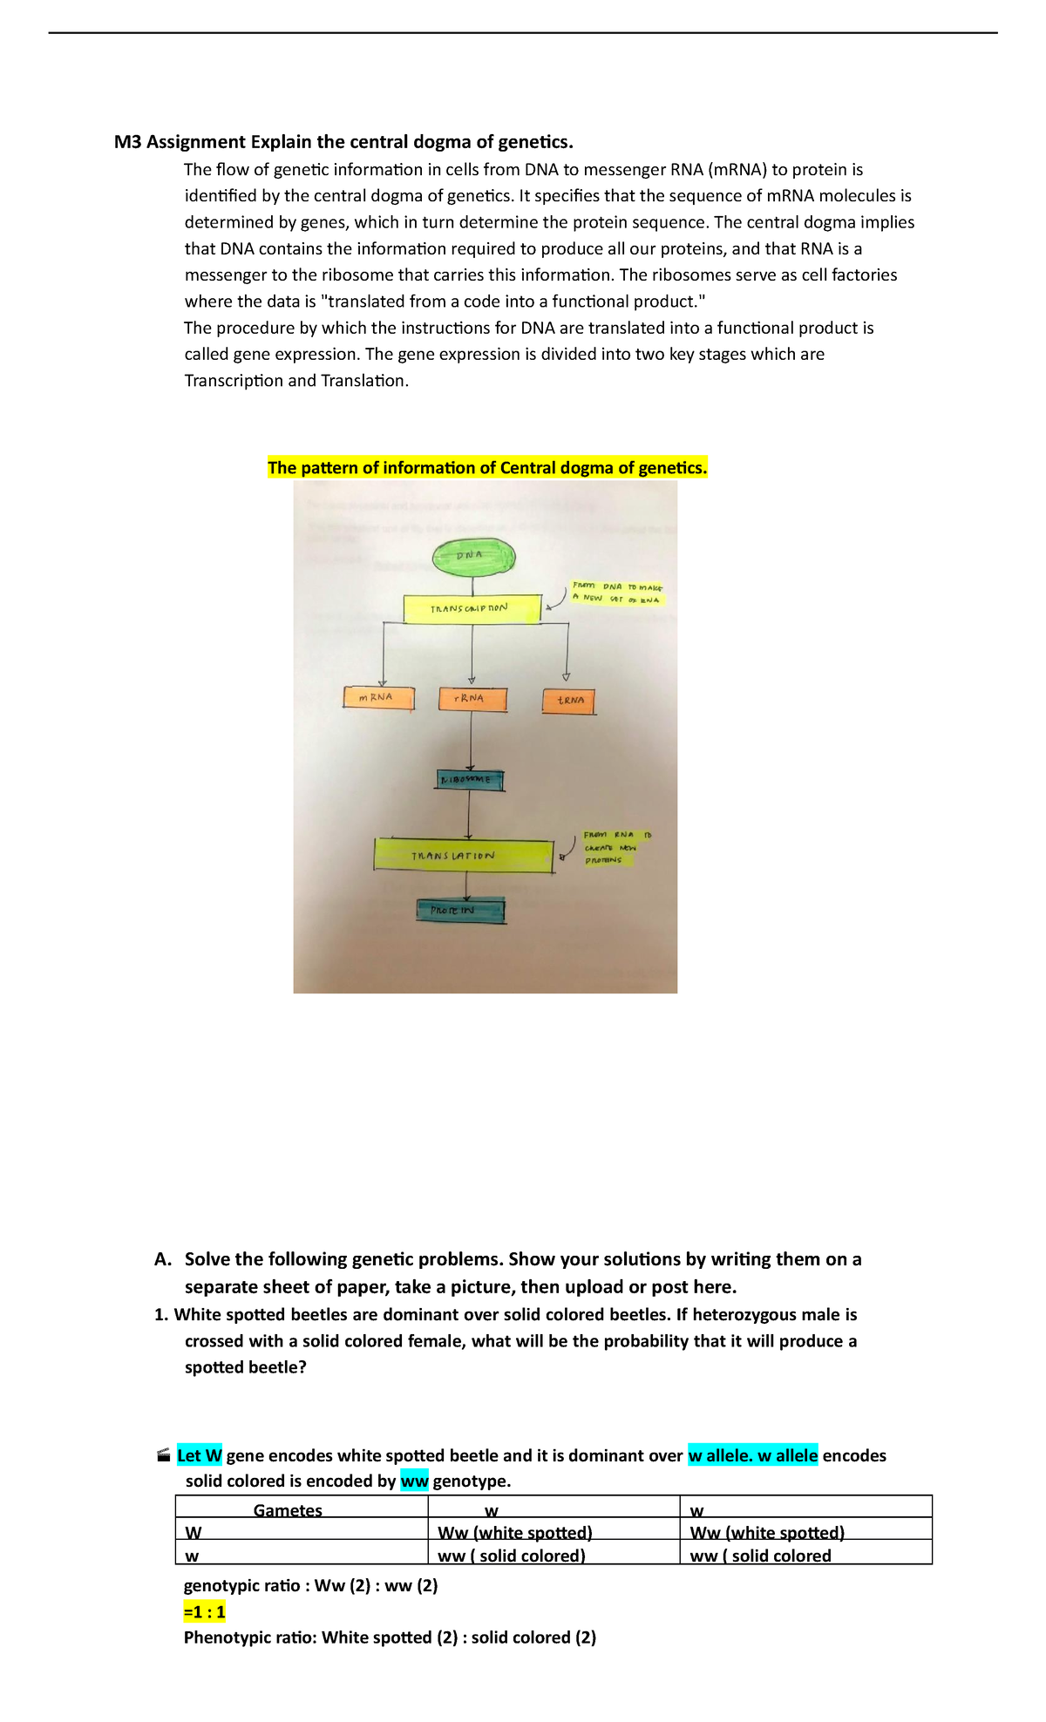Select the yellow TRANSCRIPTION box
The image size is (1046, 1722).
[472, 607]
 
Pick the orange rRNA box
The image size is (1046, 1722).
[472, 699]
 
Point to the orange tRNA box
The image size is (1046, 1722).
[569, 701]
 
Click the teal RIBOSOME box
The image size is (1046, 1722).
[469, 779]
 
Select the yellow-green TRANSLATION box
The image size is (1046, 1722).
[463, 856]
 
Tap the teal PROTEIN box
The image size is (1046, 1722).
[460, 911]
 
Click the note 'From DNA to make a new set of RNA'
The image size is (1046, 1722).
[617, 593]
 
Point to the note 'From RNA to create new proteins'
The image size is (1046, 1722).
[615, 846]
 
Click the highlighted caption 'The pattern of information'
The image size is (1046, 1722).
[487, 468]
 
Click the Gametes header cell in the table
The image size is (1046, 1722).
[288, 1510]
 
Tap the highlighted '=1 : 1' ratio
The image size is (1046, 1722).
[205, 1612]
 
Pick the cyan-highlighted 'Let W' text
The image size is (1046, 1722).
[200, 1455]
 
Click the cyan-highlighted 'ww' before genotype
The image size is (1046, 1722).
[414, 1481]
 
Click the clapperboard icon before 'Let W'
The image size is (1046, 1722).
[163, 1455]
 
